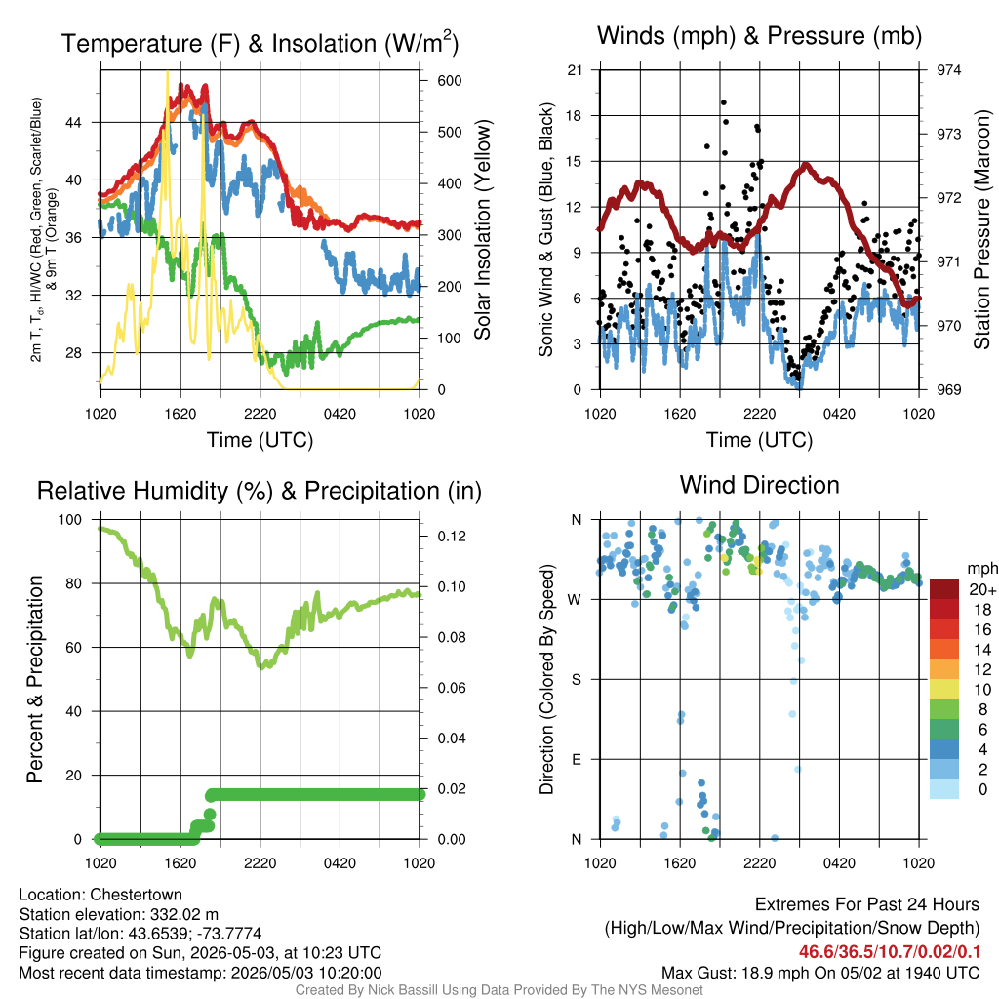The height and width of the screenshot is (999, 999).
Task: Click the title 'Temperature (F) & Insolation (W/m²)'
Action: pyautogui.click(x=260, y=43)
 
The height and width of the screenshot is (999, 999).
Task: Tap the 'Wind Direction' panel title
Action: pyautogui.click(x=759, y=485)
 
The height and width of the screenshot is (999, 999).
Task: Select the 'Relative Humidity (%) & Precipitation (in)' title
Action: pyautogui.click(x=260, y=491)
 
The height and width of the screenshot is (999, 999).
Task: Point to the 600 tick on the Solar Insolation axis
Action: pyautogui.click(x=449, y=81)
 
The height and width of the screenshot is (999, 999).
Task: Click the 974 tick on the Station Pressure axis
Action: pyautogui.click(x=948, y=70)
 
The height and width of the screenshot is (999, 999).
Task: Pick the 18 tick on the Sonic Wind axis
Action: pyautogui.click(x=574, y=116)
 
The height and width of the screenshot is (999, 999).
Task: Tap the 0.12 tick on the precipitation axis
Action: pyautogui.click(x=452, y=537)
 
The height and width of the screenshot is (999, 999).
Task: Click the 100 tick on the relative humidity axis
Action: pyautogui.click(x=70, y=520)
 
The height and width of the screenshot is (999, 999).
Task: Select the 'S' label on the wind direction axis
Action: pyautogui.click(x=577, y=680)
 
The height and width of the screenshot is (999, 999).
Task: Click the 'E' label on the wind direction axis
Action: pyautogui.click(x=577, y=759)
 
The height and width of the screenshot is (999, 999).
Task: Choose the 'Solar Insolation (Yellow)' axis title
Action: pyautogui.click(x=483, y=229)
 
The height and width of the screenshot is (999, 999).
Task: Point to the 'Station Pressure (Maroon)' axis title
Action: pyautogui.click(x=981, y=229)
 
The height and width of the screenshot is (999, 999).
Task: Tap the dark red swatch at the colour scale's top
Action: pyautogui.click(x=944, y=588)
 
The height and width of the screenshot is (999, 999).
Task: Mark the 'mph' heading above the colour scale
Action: pyautogui.click(x=981, y=569)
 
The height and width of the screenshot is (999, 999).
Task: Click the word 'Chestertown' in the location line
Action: pyautogui.click(x=136, y=895)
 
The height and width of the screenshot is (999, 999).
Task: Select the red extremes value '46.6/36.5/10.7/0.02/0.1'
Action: pyautogui.click(x=890, y=952)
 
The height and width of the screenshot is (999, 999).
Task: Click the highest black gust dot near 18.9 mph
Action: pyautogui.click(x=724, y=102)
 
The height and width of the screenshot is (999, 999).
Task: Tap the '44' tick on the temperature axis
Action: pyautogui.click(x=74, y=122)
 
